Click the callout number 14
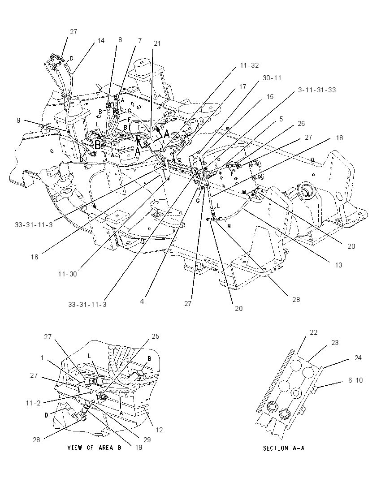point(100,40)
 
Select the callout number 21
point(157,43)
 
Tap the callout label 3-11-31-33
point(317,90)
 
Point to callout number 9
point(18,120)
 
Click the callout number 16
point(35,257)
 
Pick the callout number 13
point(338,265)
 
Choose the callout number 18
point(339,138)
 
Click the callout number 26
point(301,123)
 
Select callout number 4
point(142,301)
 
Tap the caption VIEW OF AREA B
point(94,448)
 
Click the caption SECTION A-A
point(284,448)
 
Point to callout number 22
point(314,332)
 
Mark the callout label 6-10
point(355,380)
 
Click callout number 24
point(358,357)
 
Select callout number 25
point(156,336)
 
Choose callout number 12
point(160,430)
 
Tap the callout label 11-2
point(33,403)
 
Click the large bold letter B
point(98,145)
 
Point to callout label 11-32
point(249,65)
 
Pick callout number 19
point(139,447)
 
